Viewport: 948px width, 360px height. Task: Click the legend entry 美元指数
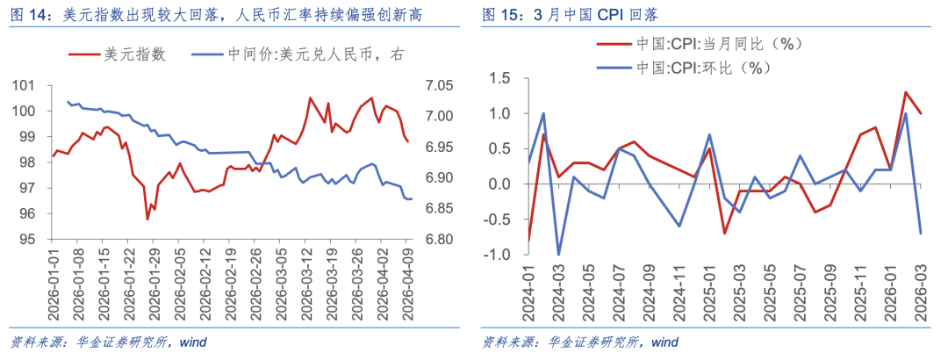click(134, 53)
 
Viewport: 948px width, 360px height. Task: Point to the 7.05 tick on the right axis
click(439, 85)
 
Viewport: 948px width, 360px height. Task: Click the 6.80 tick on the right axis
click(439, 239)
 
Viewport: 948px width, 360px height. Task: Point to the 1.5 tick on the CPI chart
click(499, 78)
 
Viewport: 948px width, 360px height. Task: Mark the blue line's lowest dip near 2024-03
click(558, 255)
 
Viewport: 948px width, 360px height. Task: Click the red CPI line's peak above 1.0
click(905, 92)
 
